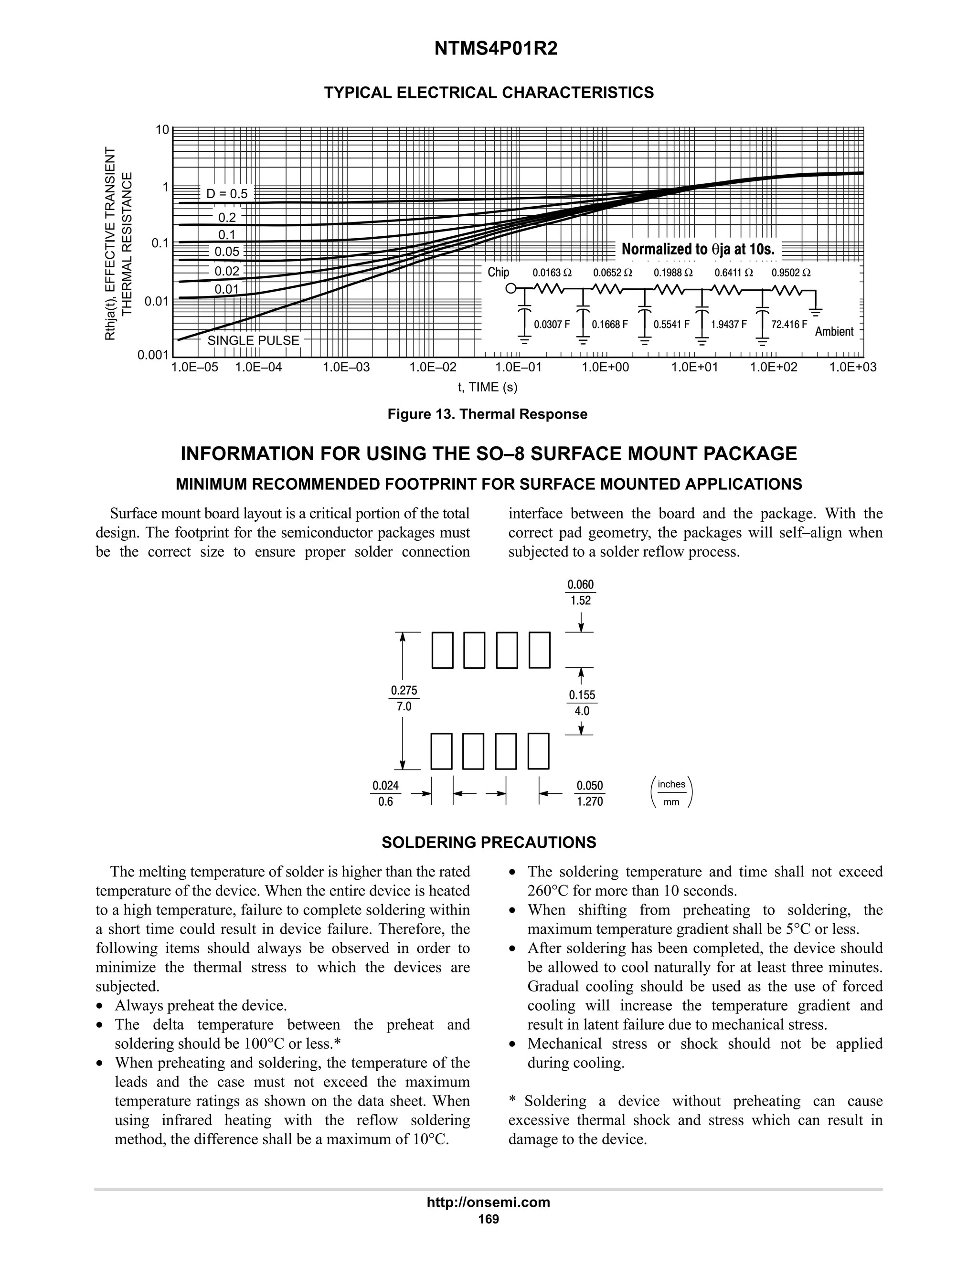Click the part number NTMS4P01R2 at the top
[489, 49]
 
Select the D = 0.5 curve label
[227, 194]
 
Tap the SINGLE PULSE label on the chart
[253, 340]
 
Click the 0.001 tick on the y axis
[152, 355]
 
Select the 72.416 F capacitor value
[789, 324]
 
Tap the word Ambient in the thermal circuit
[834, 332]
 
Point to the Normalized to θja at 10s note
[698, 250]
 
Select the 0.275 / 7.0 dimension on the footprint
[404, 698]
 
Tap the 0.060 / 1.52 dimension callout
[581, 592]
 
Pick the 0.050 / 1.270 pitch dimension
[590, 793]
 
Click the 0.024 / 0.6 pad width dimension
[385, 793]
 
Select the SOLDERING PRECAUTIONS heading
[489, 843]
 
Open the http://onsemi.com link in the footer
[488, 1202]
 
